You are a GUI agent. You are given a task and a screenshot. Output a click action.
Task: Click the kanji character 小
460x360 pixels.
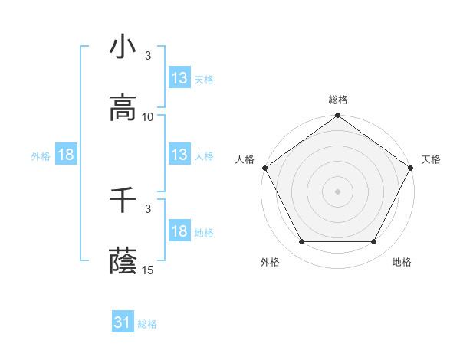click(123, 47)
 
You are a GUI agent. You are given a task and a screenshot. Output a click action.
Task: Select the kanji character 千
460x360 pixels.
click(123, 201)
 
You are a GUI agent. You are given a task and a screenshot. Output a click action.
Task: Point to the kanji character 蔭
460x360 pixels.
click(123, 262)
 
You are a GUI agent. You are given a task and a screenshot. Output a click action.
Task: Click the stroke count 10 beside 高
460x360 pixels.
click(148, 117)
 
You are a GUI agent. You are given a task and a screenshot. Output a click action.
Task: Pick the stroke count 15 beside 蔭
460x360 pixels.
click(148, 270)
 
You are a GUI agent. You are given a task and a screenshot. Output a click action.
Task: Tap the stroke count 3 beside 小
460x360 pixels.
click(148, 56)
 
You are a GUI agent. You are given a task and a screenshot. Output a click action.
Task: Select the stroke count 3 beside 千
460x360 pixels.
click(148, 208)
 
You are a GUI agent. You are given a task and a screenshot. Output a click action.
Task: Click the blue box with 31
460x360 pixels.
click(123, 323)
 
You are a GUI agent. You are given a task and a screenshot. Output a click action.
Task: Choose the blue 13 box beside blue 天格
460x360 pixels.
click(179, 78)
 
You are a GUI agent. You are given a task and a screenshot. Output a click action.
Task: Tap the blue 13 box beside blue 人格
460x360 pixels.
click(179, 155)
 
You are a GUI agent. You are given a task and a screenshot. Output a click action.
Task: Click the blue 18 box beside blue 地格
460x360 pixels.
click(179, 232)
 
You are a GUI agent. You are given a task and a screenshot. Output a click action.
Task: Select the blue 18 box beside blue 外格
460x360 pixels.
click(66, 155)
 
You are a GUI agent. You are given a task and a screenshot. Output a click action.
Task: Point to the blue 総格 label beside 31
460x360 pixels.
click(147, 324)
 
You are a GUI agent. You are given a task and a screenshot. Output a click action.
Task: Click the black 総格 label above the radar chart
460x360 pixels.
click(338, 100)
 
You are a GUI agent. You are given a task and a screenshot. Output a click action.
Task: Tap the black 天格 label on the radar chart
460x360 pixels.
click(431, 159)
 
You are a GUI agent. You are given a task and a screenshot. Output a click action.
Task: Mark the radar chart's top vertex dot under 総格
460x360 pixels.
click(338, 116)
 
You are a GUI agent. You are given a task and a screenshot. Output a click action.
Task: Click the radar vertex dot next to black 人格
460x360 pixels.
click(264, 168)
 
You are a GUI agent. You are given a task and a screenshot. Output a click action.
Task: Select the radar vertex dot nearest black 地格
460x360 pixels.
click(374, 242)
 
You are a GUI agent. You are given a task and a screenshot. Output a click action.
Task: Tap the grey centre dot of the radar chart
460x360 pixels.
click(338, 191)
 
